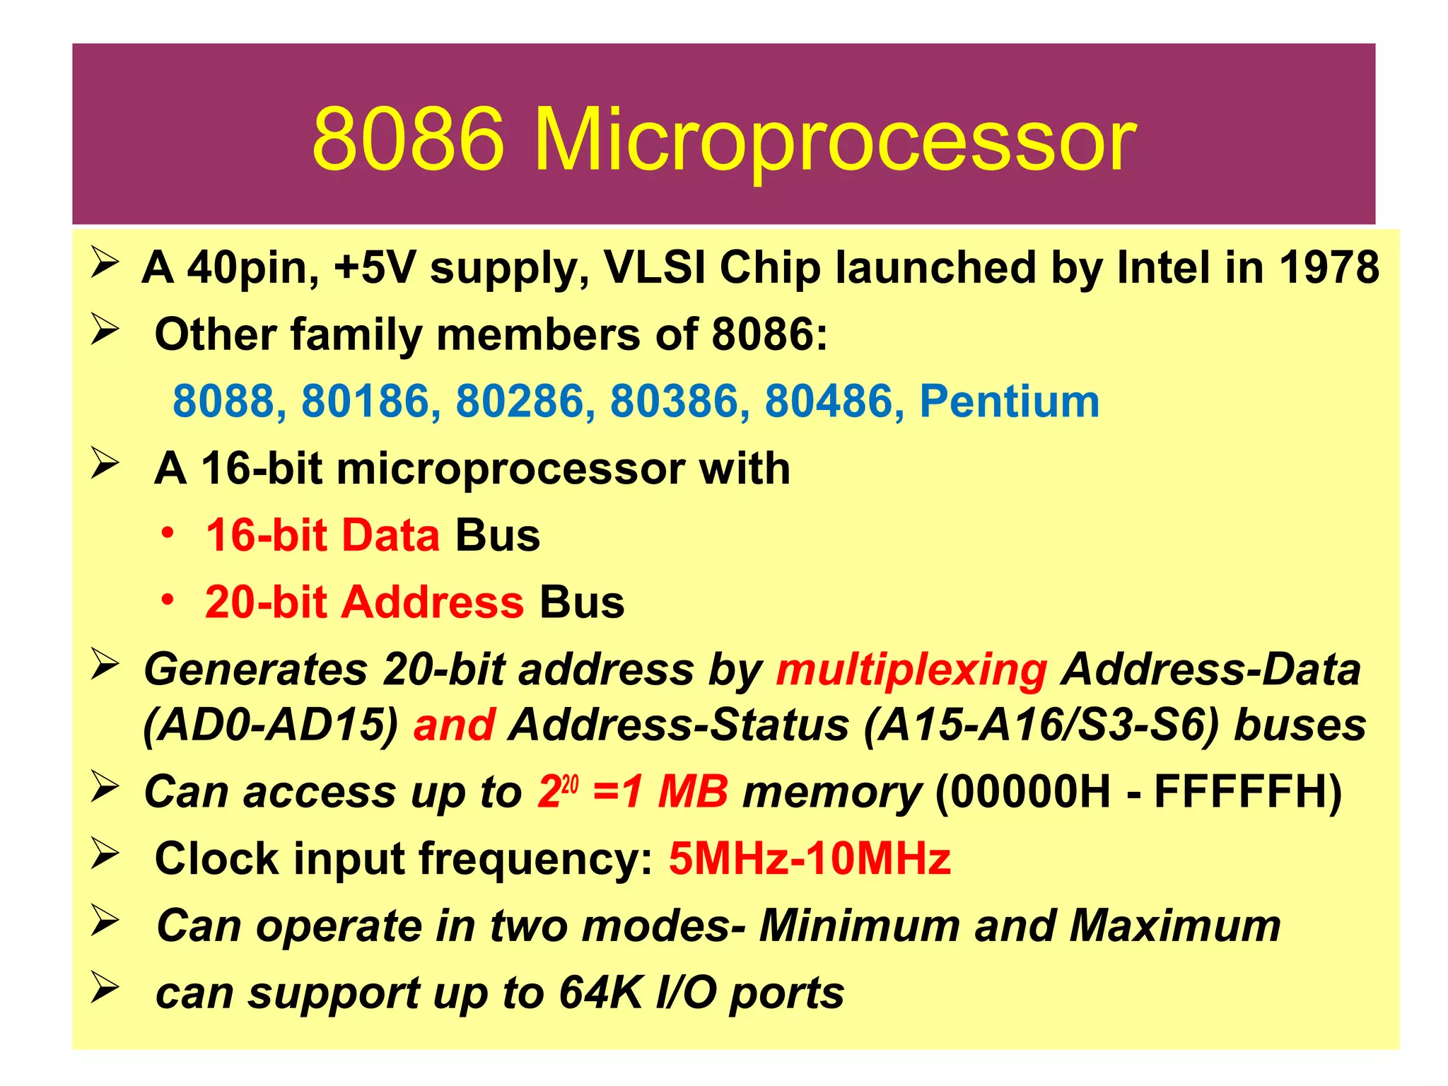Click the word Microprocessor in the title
pos(834,140)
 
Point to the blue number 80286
pos(520,401)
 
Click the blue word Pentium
pos(1009,401)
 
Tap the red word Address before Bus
pos(433,602)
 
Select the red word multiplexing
pos(911,669)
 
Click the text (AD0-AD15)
pos(271,725)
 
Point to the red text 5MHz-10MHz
pos(810,859)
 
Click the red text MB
pos(692,792)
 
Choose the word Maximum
pos(1174,926)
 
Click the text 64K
pos(600,993)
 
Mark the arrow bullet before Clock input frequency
pos(105,854)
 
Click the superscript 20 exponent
pos(570,783)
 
